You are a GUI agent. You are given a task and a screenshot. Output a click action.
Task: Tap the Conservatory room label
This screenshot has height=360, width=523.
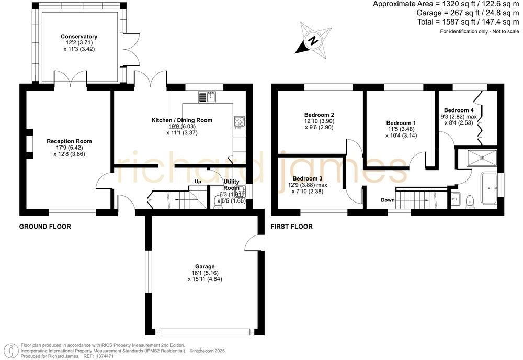(x=79, y=37)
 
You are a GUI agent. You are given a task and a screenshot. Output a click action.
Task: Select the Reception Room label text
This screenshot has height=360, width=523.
(x=69, y=141)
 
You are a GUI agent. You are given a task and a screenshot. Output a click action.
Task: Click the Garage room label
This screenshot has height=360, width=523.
(x=202, y=266)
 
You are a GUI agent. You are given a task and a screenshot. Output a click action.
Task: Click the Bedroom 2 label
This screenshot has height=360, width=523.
(x=319, y=115)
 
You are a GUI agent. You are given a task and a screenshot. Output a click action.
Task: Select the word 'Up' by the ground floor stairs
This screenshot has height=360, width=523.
(x=198, y=182)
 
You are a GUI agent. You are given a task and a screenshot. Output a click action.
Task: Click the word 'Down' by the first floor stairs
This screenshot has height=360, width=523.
(x=388, y=200)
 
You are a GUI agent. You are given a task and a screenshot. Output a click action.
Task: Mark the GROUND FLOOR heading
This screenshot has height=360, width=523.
(x=45, y=227)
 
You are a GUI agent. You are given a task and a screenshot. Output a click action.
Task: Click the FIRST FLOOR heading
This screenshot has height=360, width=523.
(x=291, y=227)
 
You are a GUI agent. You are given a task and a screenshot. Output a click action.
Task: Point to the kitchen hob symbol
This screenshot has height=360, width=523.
(x=240, y=121)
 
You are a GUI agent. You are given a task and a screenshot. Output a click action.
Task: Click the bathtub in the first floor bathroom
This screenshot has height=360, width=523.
(x=491, y=187)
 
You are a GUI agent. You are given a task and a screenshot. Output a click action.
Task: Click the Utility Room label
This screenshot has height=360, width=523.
(x=231, y=185)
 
